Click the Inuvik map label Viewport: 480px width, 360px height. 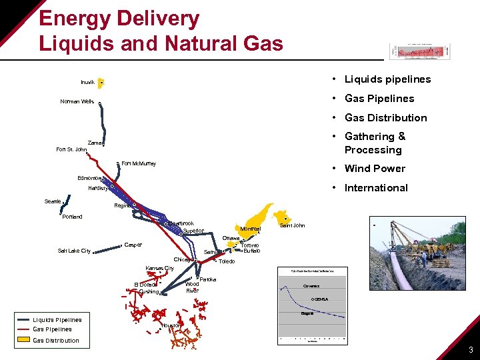(87, 83)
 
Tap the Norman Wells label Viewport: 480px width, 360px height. (77, 102)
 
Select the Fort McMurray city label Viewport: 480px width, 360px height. (139, 163)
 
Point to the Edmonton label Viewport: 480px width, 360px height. (89, 178)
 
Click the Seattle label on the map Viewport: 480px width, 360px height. (53, 201)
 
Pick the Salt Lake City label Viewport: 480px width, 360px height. (74, 251)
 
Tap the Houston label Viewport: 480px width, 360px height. (172, 325)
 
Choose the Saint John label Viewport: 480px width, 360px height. (292, 225)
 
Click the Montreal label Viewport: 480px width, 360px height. (251, 229)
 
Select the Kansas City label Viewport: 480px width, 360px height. (159, 268)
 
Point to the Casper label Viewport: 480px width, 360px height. (133, 245)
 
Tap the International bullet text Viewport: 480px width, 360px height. (376, 188)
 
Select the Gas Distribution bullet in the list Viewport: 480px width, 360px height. (385, 118)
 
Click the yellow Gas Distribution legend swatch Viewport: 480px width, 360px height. (23, 341)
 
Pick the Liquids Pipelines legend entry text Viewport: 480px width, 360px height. (57, 320)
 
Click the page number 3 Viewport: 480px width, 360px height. (471, 350)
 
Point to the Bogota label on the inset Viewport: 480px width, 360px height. (307, 313)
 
